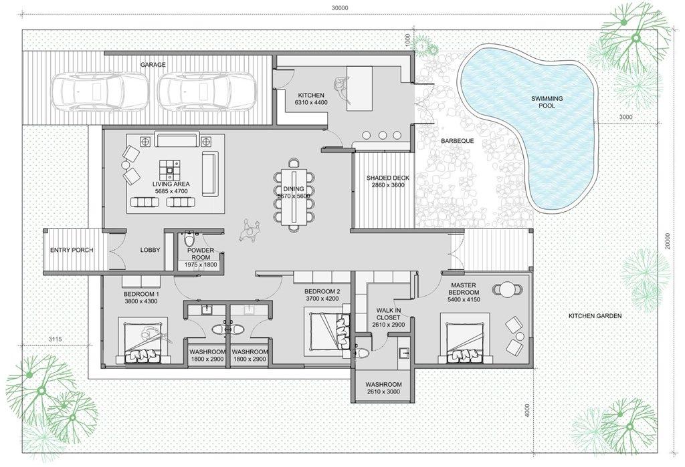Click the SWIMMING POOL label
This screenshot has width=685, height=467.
[547, 102]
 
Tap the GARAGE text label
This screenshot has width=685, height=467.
[153, 65]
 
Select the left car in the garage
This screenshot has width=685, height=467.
[100, 92]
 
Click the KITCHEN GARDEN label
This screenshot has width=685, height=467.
[595, 315]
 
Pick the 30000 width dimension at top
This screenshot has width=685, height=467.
[340, 7]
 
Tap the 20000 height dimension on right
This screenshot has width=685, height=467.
[667, 240]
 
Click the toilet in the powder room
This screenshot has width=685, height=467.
[189, 239]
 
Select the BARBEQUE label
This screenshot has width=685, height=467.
[457, 141]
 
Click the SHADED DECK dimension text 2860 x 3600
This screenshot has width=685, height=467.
[388, 185]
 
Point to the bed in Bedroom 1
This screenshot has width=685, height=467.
[143, 341]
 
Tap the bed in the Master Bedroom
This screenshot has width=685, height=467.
[464, 337]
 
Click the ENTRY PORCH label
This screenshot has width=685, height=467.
[72, 250]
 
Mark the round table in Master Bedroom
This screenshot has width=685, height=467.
[507, 290]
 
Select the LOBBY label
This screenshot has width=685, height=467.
[150, 250]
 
